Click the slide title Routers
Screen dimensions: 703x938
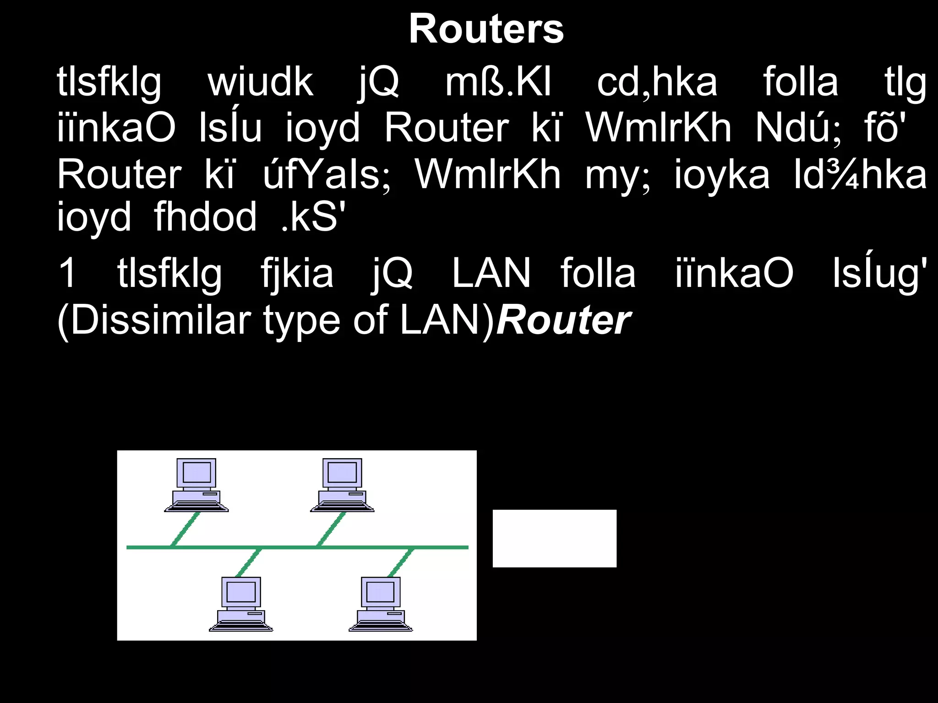(x=486, y=29)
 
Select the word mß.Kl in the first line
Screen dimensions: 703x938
(x=498, y=83)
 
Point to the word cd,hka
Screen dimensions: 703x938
(x=657, y=83)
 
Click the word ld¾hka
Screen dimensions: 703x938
(x=860, y=175)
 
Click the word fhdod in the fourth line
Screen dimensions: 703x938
(x=205, y=217)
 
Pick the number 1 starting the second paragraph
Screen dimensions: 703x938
(x=68, y=273)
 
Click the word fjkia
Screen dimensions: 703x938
(x=297, y=273)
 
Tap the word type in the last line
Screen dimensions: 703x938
(x=302, y=321)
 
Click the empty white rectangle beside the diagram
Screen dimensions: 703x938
(x=554, y=538)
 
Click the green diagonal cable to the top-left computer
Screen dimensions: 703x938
(x=186, y=529)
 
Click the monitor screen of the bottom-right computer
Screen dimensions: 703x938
(x=380, y=591)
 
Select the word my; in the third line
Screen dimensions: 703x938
(x=617, y=175)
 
